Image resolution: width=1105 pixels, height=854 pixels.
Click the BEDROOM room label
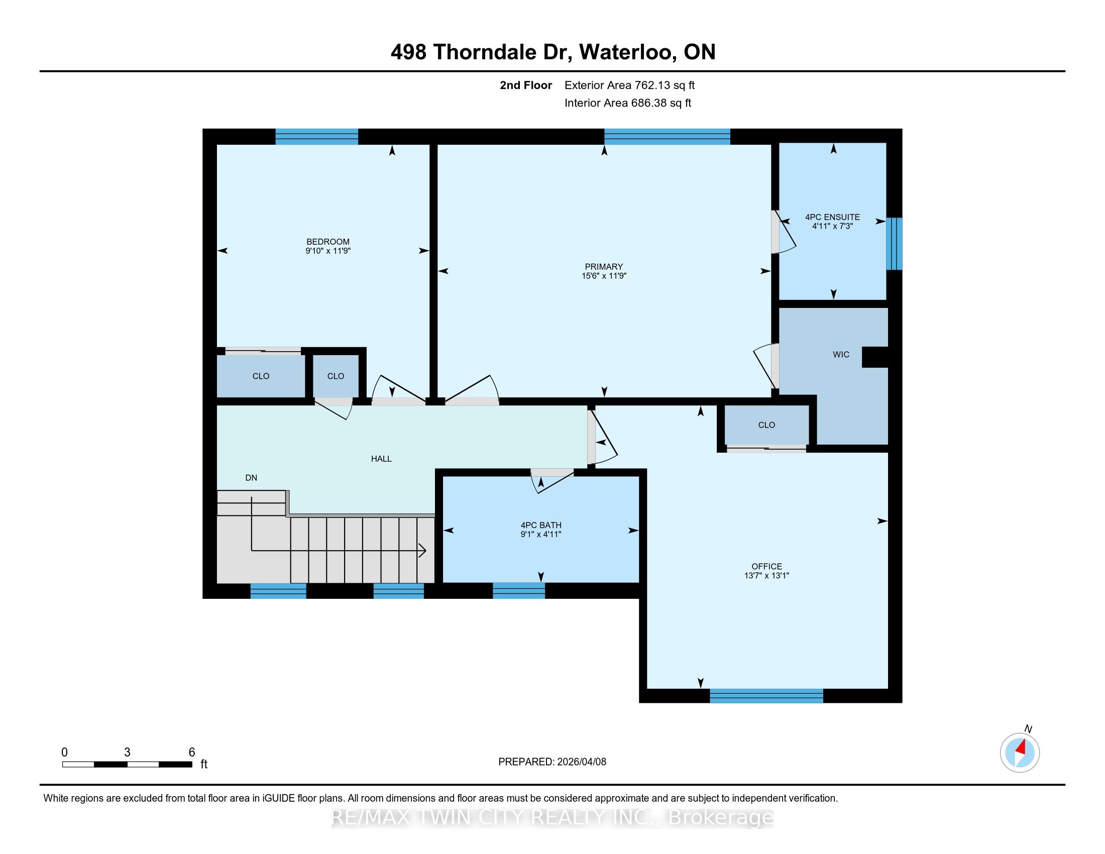click(x=328, y=242)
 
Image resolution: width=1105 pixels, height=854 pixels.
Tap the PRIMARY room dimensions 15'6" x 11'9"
click(x=604, y=276)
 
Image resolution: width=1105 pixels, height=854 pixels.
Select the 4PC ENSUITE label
click(x=832, y=217)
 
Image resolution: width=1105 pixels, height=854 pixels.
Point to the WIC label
click(x=841, y=355)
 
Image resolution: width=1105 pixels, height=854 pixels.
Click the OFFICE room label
click(x=766, y=567)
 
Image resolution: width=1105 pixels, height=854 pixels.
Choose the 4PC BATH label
click(x=541, y=525)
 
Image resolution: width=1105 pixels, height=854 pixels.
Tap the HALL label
click(x=382, y=459)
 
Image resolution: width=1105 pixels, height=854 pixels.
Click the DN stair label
click(x=252, y=478)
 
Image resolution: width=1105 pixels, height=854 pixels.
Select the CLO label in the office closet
click(x=766, y=425)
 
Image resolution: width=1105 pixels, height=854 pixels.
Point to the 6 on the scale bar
click(x=192, y=753)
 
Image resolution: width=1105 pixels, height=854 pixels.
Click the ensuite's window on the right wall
click(x=895, y=244)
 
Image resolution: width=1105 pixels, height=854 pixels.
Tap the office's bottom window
click(x=766, y=696)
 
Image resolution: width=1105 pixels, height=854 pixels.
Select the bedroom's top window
click(x=317, y=137)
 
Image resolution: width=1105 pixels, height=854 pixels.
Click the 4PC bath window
click(x=519, y=590)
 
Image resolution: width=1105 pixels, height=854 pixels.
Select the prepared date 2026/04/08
click(x=581, y=762)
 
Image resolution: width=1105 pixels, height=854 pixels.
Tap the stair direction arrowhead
click(x=421, y=551)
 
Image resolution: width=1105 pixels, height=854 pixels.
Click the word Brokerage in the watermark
click(x=721, y=817)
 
